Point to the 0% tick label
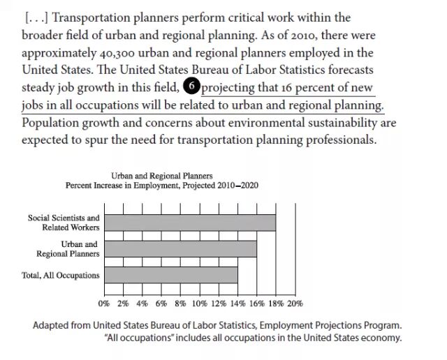click(104, 303)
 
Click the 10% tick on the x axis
click(199, 303)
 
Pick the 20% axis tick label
click(295, 303)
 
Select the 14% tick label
click(237, 303)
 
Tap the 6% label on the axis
click(161, 303)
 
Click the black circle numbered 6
click(191, 87)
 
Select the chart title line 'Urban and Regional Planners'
click(162, 176)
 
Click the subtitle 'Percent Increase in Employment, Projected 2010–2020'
click(162, 186)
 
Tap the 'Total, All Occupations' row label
click(61, 275)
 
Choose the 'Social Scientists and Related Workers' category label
click(64, 223)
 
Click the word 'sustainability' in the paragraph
click(344, 123)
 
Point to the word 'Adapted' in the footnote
click(52, 325)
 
